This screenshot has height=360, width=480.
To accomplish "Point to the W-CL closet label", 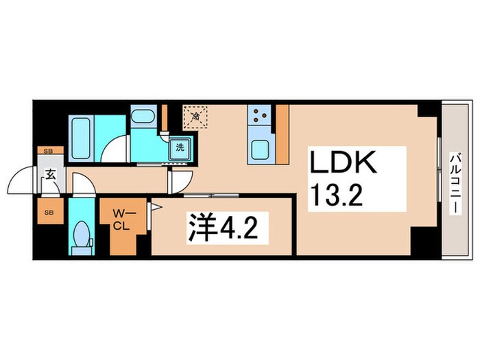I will [121, 220].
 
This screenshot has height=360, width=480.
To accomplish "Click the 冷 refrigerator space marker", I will [195, 117].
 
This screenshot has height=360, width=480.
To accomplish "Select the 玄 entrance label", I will [51, 175].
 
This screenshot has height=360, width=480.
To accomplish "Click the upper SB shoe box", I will [48, 150].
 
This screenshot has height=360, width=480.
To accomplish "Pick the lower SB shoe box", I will [49, 212].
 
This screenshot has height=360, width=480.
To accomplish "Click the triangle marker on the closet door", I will [156, 205].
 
